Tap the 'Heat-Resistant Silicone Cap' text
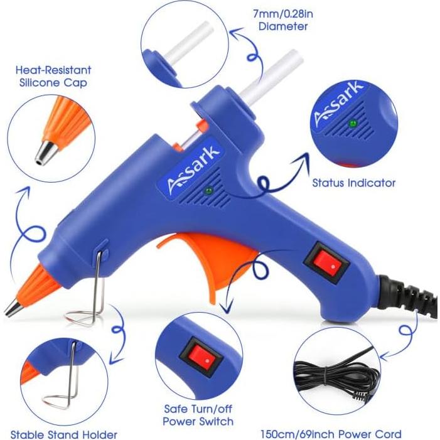click(x=62, y=77)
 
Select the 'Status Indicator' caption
click(x=354, y=183)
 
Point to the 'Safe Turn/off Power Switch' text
click(x=198, y=415)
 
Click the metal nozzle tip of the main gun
click(x=11, y=308)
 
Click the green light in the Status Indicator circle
click(x=353, y=123)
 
